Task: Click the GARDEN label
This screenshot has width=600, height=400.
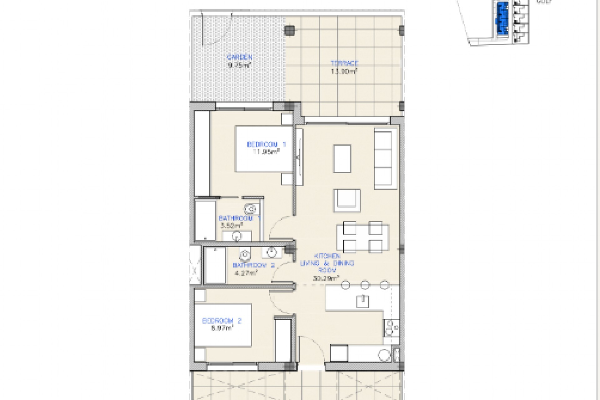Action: click(239, 57)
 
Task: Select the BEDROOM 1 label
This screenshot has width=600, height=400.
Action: click(266, 144)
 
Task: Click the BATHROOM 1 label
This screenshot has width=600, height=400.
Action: click(239, 218)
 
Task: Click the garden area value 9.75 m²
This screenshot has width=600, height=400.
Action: click(240, 66)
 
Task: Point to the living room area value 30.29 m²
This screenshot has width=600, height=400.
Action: click(326, 277)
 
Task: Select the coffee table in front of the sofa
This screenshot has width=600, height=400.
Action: click(342, 158)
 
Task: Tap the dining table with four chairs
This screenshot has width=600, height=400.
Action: click(362, 237)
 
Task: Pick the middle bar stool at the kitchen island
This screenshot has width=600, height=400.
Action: click(365, 285)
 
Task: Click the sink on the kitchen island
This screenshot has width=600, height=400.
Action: click(362, 302)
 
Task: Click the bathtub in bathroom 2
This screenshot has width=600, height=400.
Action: click(215, 266)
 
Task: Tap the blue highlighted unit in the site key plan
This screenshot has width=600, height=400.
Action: click(502, 17)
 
